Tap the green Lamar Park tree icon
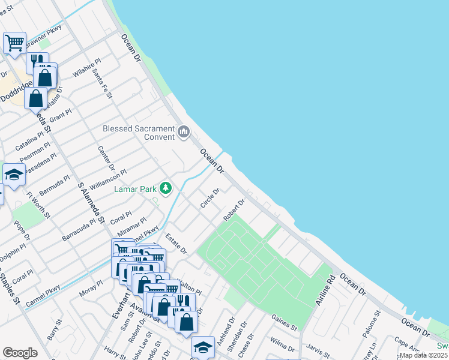point(166,189)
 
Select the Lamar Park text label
point(135,189)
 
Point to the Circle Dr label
point(210,198)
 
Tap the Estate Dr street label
point(176,244)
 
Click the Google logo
point(20,353)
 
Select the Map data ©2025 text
point(424,355)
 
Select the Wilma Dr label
point(282,346)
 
